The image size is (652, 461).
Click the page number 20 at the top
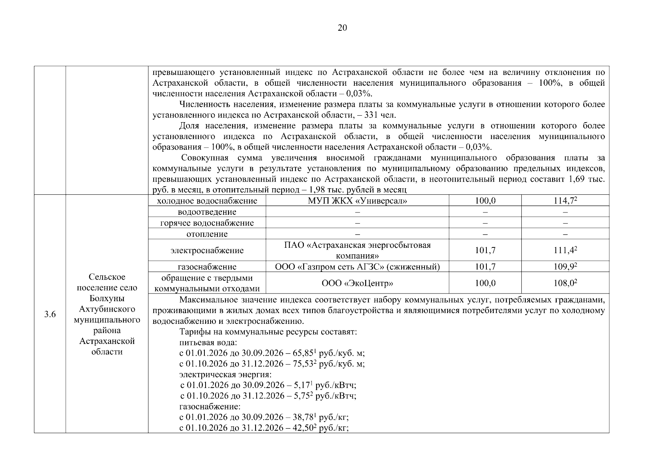342,28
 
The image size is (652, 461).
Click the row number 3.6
50,315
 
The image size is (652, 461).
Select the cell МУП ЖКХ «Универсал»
357,201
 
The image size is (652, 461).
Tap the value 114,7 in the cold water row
564,201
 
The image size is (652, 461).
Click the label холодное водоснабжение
207,201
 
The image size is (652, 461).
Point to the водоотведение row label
207,212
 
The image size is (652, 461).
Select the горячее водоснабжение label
207,223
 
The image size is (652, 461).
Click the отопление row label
207,234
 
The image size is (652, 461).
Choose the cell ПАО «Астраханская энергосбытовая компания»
357,250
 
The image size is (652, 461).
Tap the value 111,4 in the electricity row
564,250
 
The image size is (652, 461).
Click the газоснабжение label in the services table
207,267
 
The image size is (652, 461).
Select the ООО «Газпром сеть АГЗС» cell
357,267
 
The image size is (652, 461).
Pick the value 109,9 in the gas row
564,267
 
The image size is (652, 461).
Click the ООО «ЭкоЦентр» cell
357,284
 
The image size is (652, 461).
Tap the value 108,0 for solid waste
564,284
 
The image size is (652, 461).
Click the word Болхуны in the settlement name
107,298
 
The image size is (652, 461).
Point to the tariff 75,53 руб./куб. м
304,364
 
